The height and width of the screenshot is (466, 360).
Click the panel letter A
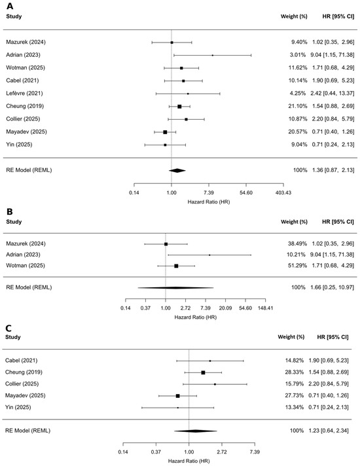click(x=10, y=6)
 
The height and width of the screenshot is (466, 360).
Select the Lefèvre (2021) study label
click(x=24, y=94)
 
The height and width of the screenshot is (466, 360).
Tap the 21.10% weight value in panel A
click(x=298, y=106)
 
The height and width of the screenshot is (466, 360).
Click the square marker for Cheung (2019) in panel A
click(x=179, y=107)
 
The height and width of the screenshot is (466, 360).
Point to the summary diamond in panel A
click(x=177, y=170)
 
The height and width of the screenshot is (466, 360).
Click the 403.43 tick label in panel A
click(x=283, y=192)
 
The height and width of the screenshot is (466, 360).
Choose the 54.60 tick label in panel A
click(x=246, y=192)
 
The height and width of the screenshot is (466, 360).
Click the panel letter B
click(x=10, y=211)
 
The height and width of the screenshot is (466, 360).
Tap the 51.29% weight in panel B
click(x=297, y=265)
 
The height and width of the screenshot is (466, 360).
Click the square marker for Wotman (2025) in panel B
click(x=176, y=266)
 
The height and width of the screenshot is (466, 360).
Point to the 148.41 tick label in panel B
click(x=266, y=308)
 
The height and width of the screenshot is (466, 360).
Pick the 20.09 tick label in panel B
click(x=225, y=308)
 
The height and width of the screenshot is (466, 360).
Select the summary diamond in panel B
click(x=175, y=288)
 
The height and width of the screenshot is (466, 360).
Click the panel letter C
click(x=9, y=328)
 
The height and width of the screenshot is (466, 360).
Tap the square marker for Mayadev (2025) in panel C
click(x=178, y=396)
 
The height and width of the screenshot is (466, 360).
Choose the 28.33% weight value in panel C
click(x=295, y=372)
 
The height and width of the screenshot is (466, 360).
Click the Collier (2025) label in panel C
click(x=22, y=384)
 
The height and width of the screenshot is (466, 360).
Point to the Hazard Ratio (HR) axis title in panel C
click(x=189, y=461)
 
